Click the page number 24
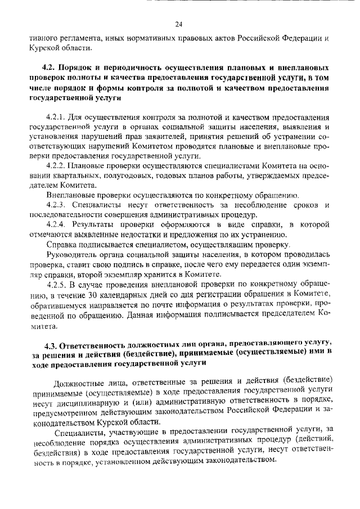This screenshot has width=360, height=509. coord(179,24)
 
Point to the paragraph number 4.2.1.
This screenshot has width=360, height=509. coord(57,118)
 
